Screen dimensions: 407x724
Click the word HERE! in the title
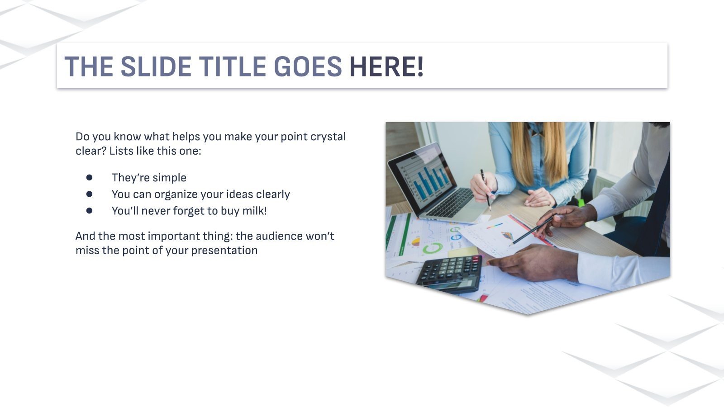(x=386, y=66)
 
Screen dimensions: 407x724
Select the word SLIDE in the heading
(x=156, y=66)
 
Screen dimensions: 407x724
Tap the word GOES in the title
(x=308, y=66)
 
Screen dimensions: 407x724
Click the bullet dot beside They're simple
(x=89, y=177)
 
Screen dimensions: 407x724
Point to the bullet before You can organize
(x=89, y=194)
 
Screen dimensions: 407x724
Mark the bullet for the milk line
(x=89, y=210)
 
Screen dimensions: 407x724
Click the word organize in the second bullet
(x=176, y=194)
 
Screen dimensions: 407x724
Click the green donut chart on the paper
(x=433, y=248)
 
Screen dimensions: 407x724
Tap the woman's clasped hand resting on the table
(x=539, y=197)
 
